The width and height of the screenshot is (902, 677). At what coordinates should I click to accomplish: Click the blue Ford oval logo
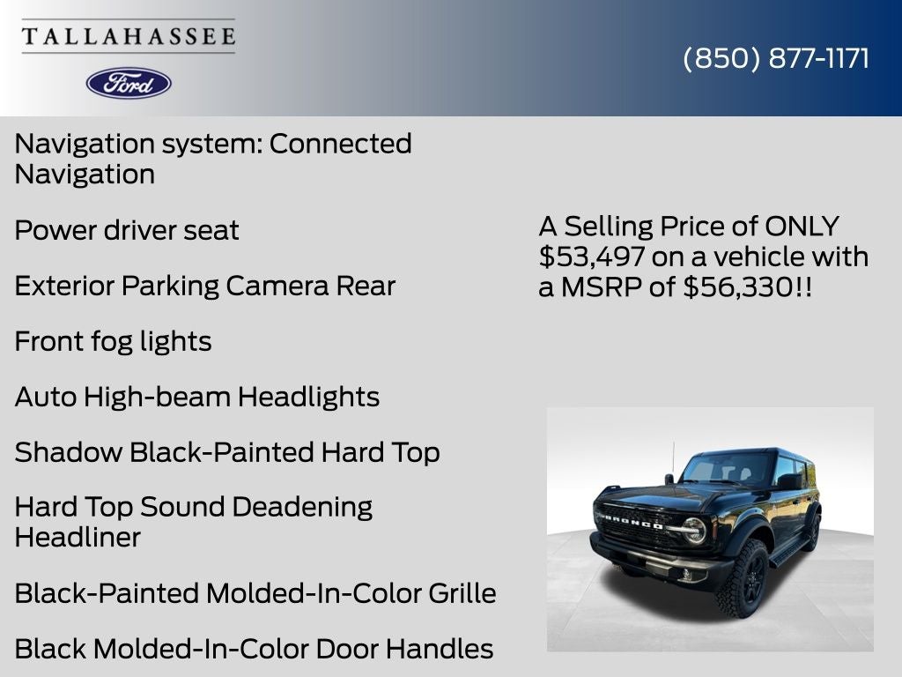129,83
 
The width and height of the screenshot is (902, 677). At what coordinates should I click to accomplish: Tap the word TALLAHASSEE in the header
129,36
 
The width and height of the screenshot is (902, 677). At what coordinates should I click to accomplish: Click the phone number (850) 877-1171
776,58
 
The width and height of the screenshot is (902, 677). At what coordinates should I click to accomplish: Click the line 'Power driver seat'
127,231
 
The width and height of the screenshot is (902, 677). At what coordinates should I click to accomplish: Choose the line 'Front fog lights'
113,342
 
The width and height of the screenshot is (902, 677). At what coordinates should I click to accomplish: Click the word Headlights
309,398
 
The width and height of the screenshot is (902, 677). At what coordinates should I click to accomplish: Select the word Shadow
69,453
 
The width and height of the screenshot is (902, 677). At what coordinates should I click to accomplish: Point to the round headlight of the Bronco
694,530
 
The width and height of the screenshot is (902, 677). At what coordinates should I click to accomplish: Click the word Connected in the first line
340,144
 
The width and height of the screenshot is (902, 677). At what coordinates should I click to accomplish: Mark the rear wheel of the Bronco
812,531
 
